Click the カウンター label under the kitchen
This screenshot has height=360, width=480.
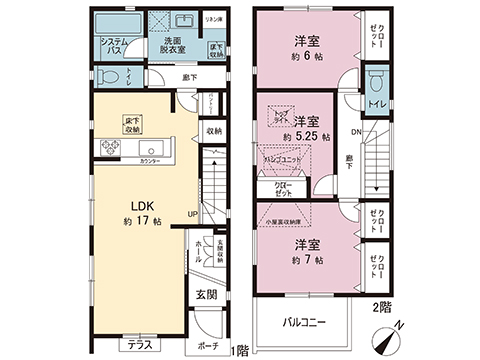click(150, 161)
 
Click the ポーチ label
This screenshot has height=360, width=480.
click(207, 345)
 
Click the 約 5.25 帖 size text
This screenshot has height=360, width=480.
click(300, 137)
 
